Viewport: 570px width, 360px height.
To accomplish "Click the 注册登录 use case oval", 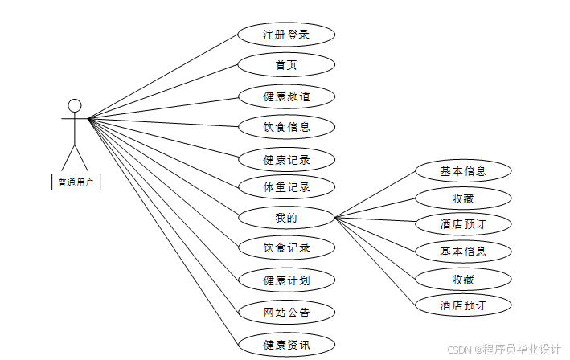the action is pos(286,35).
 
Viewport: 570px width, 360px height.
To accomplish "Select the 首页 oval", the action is pos(286,65).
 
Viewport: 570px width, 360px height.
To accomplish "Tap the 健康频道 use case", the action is pos(286,96).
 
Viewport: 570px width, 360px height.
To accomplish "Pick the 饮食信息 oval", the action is pos(286,126).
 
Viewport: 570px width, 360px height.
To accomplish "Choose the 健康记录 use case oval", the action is pos(286,158).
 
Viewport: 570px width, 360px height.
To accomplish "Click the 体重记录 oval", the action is pos(286,188).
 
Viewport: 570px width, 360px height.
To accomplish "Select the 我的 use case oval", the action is pos(286,217).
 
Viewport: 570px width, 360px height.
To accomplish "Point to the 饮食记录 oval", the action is pos(286,247).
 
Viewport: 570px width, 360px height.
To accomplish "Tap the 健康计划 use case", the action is pos(286,280).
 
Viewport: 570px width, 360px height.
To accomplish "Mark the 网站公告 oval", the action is pos(286,312).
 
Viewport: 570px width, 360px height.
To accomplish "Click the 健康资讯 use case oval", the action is pos(286,345).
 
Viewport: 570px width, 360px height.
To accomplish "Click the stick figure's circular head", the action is pos(75,105).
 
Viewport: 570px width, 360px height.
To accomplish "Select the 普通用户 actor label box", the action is pos(75,182).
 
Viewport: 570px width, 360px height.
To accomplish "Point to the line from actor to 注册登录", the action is pos(163,76).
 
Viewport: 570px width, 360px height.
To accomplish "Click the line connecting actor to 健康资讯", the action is pos(163,231).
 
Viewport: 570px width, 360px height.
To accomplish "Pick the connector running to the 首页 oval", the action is pos(163,92).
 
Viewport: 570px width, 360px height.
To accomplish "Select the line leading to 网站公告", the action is pos(163,215).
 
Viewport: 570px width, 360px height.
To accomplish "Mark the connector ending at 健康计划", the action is pos(163,199).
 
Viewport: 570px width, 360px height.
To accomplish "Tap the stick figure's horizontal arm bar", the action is pos(75,120).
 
